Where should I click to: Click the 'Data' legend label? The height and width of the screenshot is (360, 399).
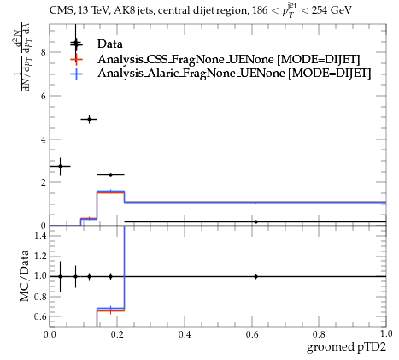coord(110,44)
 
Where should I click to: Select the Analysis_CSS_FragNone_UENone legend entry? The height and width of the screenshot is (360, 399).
coord(229,59)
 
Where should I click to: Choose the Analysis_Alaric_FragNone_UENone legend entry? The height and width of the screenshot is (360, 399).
coord(234,74)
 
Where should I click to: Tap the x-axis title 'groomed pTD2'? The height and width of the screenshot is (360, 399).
coord(346,347)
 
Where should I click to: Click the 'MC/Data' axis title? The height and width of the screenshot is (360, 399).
coord(25,275)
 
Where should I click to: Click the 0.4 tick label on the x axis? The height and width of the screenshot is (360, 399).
coord(185,333)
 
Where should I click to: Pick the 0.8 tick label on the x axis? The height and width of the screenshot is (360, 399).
coord(319,333)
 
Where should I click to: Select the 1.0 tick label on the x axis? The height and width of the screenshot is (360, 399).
coord(386,333)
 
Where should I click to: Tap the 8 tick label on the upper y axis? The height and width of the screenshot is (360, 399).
coord(43,52)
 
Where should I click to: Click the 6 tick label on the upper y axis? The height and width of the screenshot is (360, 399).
coord(43,96)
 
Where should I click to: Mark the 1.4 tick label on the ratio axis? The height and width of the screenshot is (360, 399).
coord(40,235)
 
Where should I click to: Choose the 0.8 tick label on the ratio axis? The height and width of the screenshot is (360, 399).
coord(40,297)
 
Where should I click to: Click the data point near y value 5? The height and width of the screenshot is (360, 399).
coord(90,119)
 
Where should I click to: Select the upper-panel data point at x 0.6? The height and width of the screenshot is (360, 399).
coord(255,221)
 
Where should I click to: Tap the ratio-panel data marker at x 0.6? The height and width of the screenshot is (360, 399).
coord(255,276)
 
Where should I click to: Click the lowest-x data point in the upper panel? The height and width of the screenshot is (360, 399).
coord(60,166)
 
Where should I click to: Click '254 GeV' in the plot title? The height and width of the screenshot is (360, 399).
coord(332,10)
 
